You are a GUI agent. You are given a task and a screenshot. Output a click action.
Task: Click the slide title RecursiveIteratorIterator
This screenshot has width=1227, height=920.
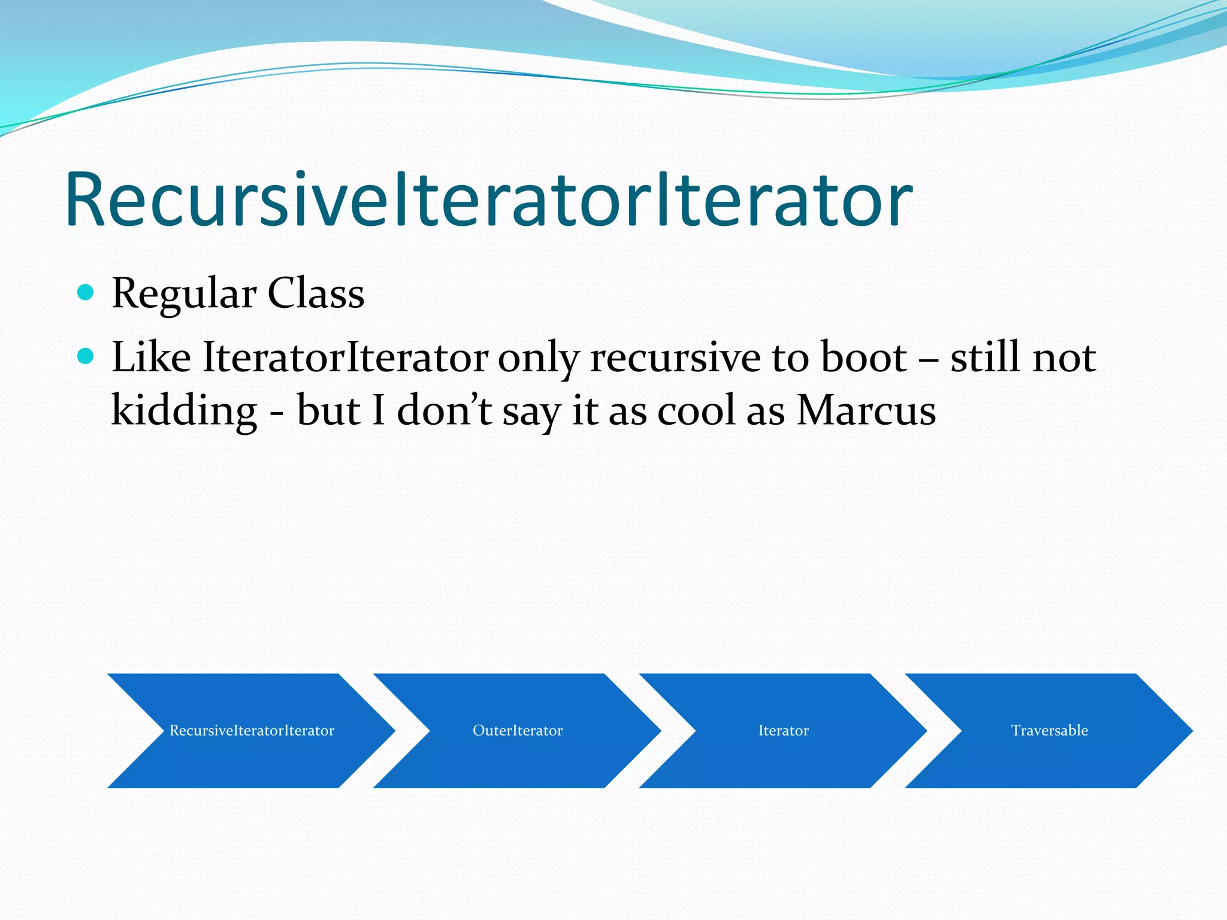(488, 201)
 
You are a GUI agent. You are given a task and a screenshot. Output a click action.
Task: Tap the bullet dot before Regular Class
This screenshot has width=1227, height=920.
(86, 292)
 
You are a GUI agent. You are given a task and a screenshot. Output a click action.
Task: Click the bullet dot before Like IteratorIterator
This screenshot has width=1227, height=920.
(86, 356)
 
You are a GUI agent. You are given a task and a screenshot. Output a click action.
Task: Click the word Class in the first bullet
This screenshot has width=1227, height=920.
(316, 294)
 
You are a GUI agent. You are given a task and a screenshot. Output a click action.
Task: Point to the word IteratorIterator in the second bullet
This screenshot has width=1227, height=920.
(345, 358)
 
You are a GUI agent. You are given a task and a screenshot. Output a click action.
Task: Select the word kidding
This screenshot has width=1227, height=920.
(184, 411)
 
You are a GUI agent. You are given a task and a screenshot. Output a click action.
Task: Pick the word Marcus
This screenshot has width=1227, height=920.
(866, 411)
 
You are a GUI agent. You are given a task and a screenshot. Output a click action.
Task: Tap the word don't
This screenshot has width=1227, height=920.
(444, 411)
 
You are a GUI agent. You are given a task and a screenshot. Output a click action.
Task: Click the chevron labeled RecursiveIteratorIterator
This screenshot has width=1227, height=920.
(252, 731)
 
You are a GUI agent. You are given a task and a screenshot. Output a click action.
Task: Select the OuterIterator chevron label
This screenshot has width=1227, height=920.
(518, 731)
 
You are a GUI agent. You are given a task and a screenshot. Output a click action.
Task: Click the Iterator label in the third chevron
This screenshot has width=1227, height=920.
(783, 731)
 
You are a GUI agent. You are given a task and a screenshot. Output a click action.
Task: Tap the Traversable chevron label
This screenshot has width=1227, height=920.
(1049, 731)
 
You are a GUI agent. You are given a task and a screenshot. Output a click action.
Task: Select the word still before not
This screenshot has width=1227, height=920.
(984, 358)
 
